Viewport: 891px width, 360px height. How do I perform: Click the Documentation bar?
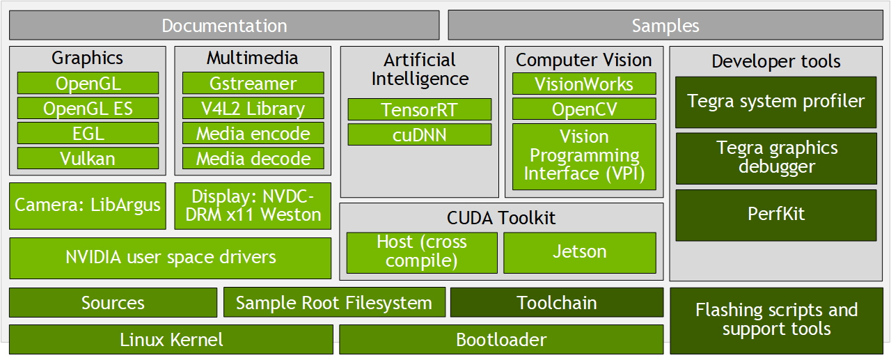[224, 26]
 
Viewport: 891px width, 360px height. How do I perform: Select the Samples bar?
[665, 26]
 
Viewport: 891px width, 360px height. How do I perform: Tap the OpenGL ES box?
[88, 109]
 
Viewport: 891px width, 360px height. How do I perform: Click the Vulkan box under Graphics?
[88, 159]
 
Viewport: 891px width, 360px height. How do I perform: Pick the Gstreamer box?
[253, 84]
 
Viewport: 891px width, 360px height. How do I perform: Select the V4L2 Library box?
[253, 109]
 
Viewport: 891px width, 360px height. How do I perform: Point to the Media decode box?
[253, 159]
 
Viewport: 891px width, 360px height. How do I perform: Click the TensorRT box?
[419, 109]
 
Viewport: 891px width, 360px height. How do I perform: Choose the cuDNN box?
[419, 134]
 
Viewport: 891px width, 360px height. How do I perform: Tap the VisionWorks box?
[584, 84]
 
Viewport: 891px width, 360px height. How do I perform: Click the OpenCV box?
[584, 109]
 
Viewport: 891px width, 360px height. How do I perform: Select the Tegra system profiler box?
[775, 102]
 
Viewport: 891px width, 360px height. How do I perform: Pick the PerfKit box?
[775, 214]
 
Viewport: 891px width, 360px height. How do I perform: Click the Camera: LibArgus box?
[88, 205]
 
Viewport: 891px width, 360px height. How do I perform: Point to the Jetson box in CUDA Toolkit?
[579, 252]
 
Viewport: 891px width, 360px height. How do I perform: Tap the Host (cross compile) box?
[422, 252]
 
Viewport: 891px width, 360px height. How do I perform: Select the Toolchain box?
[556, 303]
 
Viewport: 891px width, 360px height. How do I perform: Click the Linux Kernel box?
[171, 340]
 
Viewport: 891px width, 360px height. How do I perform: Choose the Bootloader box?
[500, 340]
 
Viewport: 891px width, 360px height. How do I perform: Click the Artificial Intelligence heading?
[419, 69]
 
